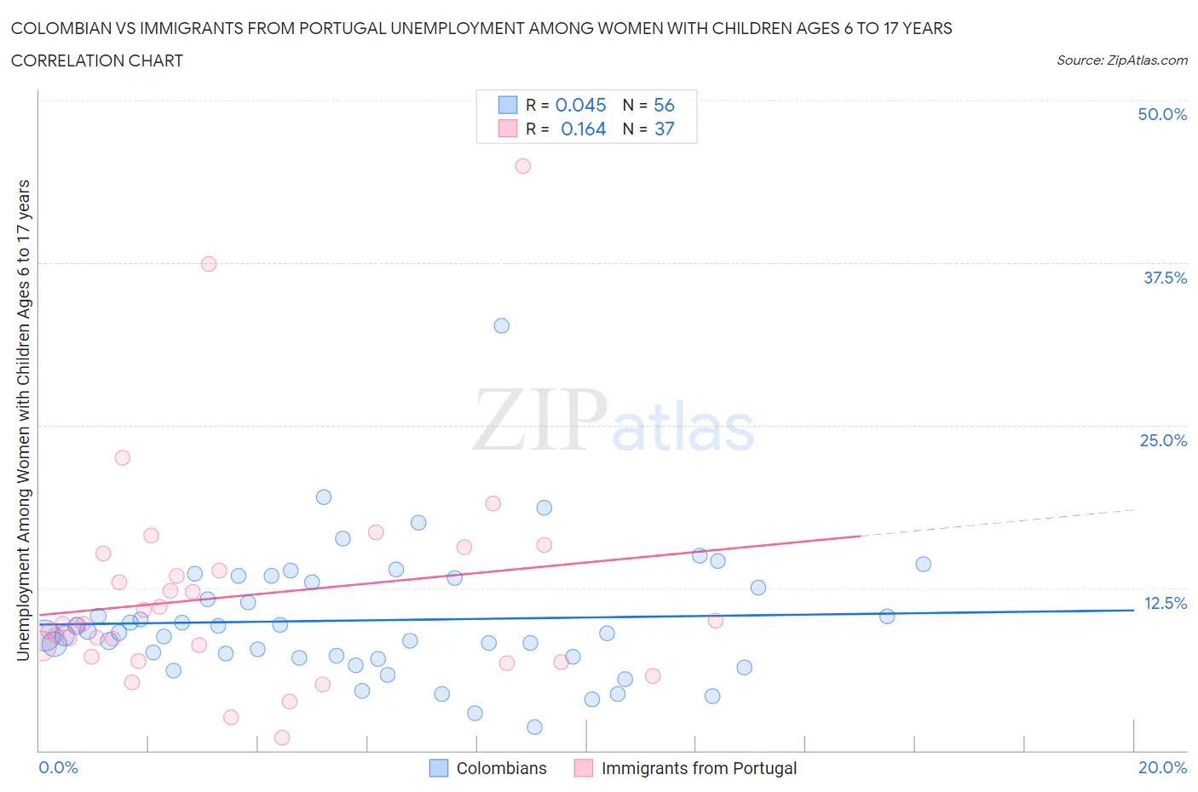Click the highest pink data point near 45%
tap(523, 166)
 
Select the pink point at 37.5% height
tap(209, 264)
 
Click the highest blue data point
tap(502, 326)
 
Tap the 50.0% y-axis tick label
tap(1162, 114)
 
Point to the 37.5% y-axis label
tap(1165, 278)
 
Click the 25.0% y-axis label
tap(1163, 440)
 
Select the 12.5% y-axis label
tap(1165, 603)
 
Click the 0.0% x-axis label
tap(59, 767)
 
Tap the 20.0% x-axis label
tap(1162, 767)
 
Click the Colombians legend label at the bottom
tap(501, 768)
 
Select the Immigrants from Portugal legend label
tap(699, 768)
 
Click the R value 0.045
tap(581, 105)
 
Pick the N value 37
tap(664, 129)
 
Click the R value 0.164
tap(583, 129)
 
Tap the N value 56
tap(664, 105)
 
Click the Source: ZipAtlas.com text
tap(1121, 60)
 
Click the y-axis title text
tap(23, 420)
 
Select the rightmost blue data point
tap(923, 565)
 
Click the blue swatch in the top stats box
tap(508, 105)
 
